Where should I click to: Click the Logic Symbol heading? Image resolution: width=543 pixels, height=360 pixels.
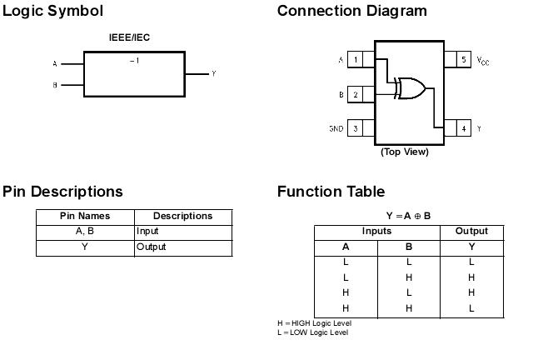[x=53, y=11]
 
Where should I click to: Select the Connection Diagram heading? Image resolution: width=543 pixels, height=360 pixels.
[x=351, y=11]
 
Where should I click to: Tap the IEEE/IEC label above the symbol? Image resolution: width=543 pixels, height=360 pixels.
[x=129, y=37]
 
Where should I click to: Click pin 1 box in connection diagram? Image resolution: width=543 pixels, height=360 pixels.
[x=356, y=60]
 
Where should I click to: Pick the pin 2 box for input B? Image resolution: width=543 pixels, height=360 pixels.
[x=356, y=94]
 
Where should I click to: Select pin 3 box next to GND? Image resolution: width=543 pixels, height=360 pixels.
[x=356, y=128]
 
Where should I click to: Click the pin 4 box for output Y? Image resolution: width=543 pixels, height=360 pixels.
[x=463, y=128]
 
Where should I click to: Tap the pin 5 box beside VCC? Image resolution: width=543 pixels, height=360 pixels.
[x=463, y=60]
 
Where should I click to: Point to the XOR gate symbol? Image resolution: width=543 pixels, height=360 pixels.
[x=411, y=88]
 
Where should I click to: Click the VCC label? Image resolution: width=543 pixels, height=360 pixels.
[x=483, y=61]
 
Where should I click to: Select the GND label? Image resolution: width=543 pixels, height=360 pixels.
[x=336, y=129]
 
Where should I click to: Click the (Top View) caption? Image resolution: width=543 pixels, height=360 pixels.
[x=405, y=152]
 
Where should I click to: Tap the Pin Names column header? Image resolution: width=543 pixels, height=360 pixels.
[x=85, y=216]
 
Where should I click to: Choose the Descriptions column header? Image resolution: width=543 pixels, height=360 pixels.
[x=182, y=216]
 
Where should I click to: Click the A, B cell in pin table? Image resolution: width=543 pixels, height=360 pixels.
[x=85, y=232]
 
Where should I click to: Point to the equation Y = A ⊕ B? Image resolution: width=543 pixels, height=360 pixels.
[x=408, y=216]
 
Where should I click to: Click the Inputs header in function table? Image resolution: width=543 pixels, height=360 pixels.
[x=376, y=231]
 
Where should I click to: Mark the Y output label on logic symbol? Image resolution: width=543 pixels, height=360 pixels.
[x=213, y=74]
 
